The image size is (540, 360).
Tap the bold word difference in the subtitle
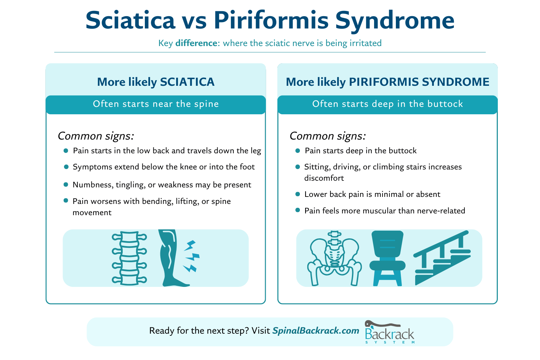(x=196, y=43)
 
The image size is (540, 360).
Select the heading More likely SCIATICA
(x=156, y=82)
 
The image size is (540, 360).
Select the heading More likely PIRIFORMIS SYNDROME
(x=387, y=82)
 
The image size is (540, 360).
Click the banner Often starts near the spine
(x=156, y=104)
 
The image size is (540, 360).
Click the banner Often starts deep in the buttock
(x=387, y=104)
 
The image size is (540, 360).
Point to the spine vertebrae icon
(x=129, y=258)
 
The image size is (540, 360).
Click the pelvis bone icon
(x=334, y=258)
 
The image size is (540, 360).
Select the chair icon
(x=387, y=258)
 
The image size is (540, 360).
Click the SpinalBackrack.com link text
(x=316, y=331)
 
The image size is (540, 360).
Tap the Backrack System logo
(x=389, y=332)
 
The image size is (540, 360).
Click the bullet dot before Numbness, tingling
(x=66, y=185)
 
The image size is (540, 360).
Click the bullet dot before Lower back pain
(x=298, y=194)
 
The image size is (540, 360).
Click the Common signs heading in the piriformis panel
(x=328, y=136)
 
